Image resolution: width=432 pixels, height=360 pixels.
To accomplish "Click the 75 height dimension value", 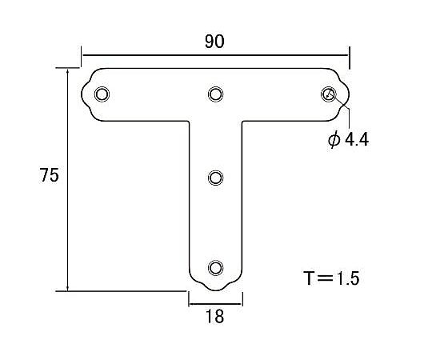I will tap(49, 176).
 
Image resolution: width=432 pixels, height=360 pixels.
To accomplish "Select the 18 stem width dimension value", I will tap(214, 316).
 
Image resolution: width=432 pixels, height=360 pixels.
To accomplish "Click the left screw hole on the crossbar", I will tap(102, 94).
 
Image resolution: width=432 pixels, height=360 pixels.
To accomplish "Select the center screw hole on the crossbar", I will tap(215, 94).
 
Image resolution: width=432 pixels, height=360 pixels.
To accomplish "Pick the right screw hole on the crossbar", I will tap(328, 94).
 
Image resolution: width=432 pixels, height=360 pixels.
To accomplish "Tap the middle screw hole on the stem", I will tap(215, 178).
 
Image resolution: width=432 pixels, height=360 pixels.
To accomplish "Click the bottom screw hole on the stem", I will tap(215, 267).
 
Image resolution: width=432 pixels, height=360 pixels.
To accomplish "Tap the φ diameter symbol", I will tap(334, 139).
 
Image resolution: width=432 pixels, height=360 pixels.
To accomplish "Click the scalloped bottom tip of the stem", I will tap(215, 288).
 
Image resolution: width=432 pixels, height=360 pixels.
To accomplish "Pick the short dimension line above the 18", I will tap(215, 303).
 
